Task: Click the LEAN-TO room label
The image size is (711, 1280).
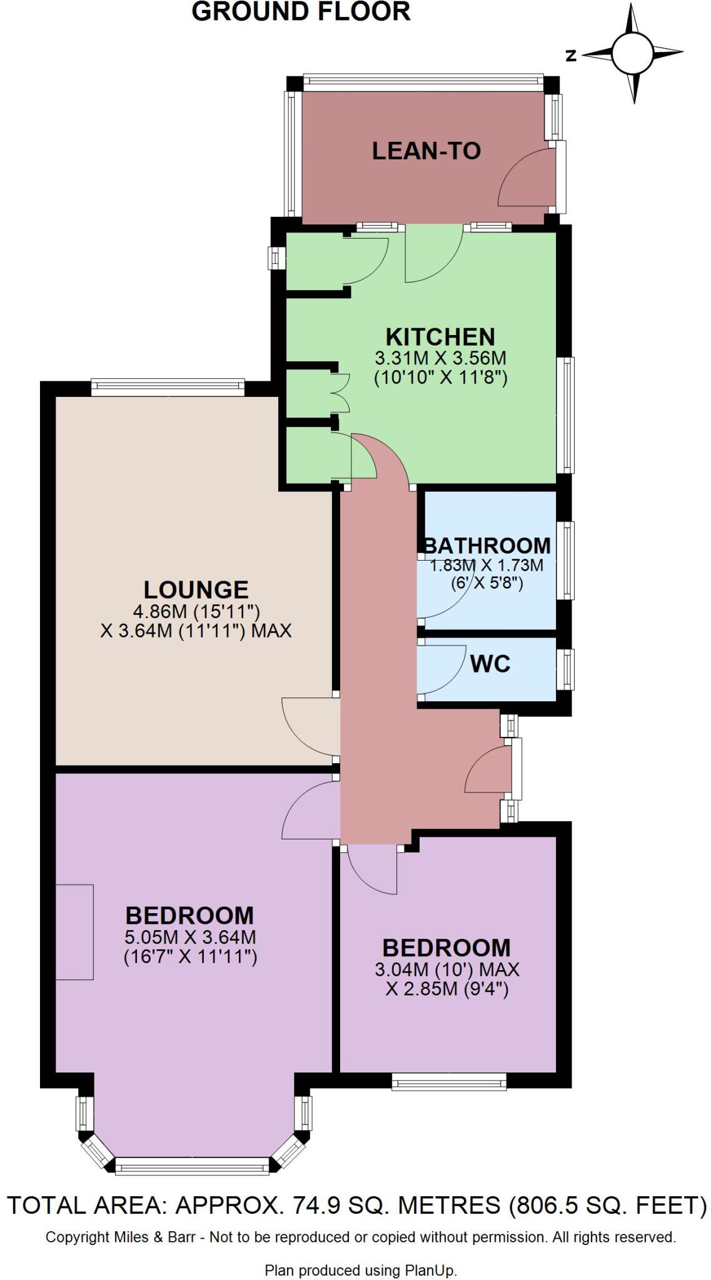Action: (426, 151)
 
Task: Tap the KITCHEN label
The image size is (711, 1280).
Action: (440, 337)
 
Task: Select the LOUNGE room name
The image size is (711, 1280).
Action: (196, 589)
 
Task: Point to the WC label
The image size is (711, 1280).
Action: (490, 664)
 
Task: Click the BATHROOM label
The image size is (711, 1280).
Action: (487, 546)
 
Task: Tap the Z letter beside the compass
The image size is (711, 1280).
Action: (570, 56)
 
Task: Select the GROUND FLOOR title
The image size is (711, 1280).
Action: (301, 12)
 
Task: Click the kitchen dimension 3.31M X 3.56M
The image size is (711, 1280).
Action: (440, 359)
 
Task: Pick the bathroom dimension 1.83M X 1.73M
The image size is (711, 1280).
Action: (487, 566)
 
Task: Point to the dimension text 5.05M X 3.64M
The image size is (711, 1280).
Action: (190, 937)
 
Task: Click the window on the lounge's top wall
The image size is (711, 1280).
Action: (168, 387)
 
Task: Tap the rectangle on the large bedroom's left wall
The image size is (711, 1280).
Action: (74, 932)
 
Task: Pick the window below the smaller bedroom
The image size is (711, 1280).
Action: (448, 1081)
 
